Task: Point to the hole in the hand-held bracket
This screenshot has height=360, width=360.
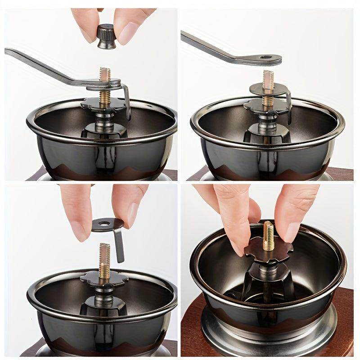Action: (108, 223)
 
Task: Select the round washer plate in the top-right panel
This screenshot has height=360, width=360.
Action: (268, 89)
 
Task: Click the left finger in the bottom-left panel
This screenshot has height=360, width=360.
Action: (79, 211)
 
